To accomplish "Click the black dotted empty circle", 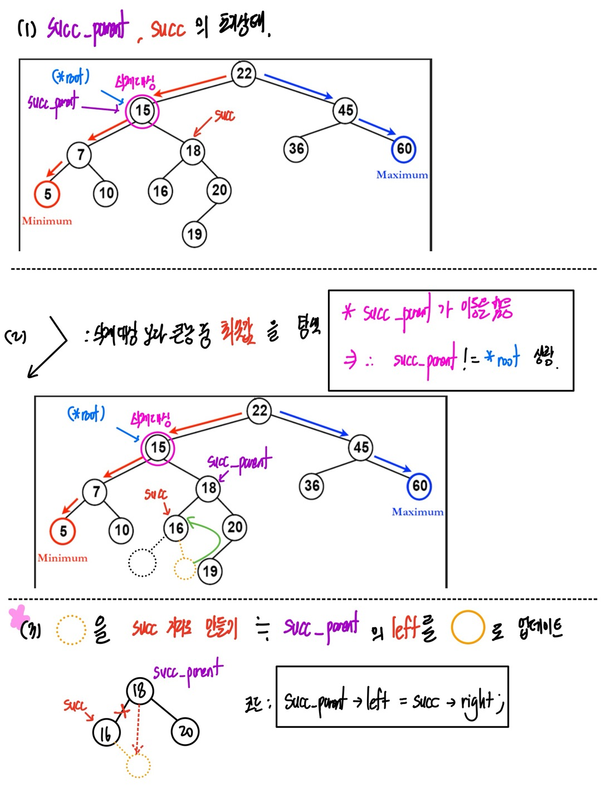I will pos(142,563).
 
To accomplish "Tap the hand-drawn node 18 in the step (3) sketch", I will pos(139,691).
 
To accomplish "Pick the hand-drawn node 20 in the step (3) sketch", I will pos(185,731).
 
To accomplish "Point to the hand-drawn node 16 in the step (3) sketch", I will pos(106,733).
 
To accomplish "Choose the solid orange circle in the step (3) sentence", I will pos(467,628).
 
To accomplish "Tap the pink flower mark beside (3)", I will pos(18,615).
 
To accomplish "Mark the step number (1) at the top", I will pos(27,28).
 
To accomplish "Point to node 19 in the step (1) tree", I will pos(194,234).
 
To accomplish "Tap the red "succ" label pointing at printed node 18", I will pos(224,115).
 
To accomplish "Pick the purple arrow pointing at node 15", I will pos(100,107).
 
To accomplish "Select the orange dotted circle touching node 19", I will pos(184,569).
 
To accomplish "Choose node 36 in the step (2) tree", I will pos(311,486).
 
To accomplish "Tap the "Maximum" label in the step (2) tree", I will pos(418,512).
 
